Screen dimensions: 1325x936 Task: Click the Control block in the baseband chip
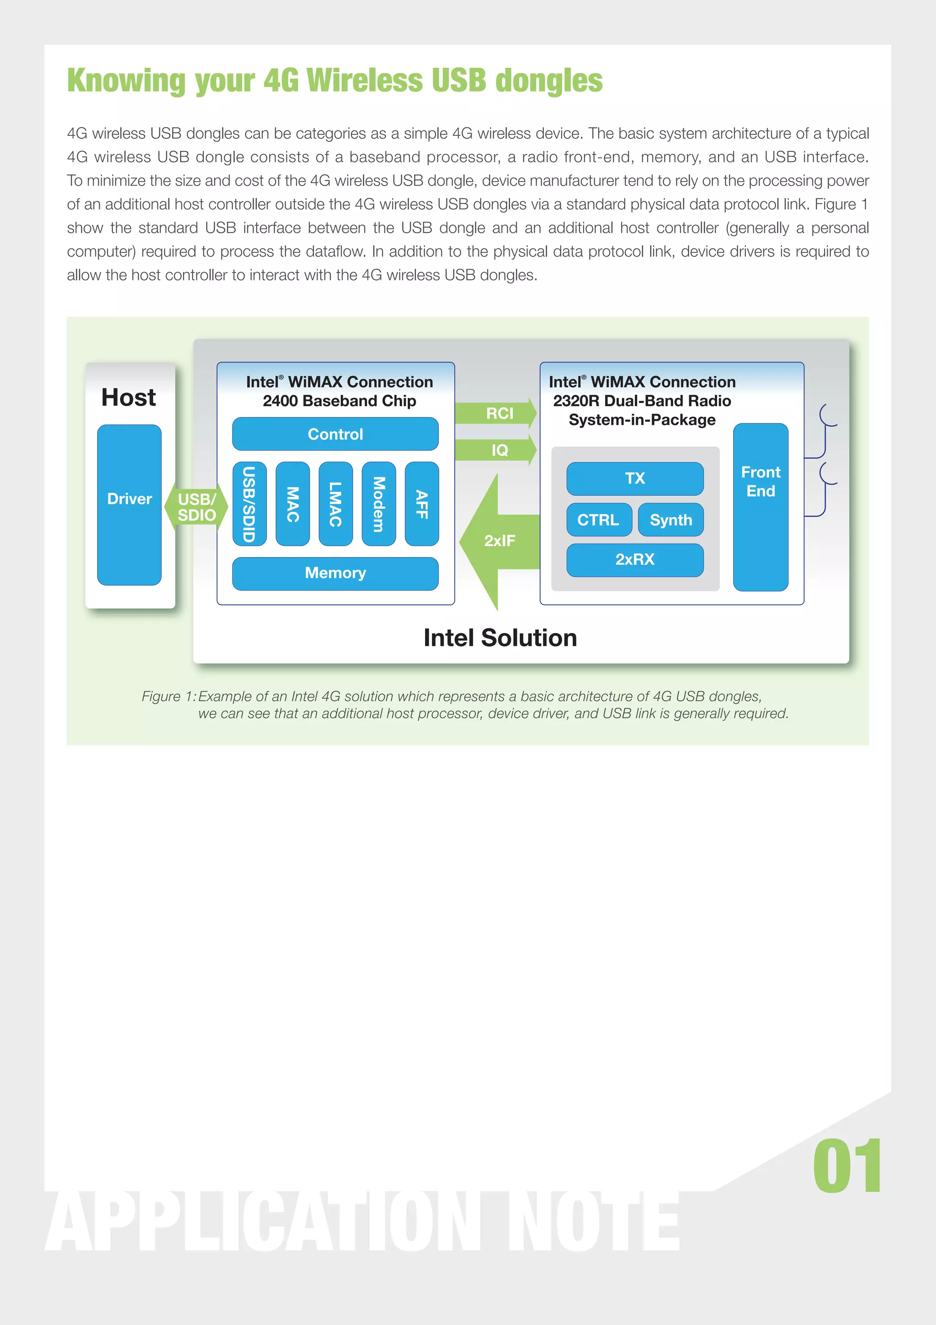click(x=335, y=434)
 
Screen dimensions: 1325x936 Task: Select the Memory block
click(x=335, y=573)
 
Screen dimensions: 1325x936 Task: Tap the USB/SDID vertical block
click(x=249, y=504)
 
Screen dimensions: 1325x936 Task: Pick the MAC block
click(x=292, y=504)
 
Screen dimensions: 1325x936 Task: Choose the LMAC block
click(x=335, y=504)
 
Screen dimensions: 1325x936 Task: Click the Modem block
click(x=378, y=504)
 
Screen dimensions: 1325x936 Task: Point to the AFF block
click(x=421, y=504)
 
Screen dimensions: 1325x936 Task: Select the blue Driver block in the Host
click(x=129, y=504)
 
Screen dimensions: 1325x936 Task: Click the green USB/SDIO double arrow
click(x=196, y=507)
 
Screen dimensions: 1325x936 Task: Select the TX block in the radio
click(x=634, y=478)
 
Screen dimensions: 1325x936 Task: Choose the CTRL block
click(x=599, y=520)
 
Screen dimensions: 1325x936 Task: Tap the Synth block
click(x=671, y=520)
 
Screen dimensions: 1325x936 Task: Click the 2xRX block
click(x=634, y=560)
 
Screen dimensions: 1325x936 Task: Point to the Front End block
click(x=760, y=507)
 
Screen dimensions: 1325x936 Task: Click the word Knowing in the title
click(x=126, y=81)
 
